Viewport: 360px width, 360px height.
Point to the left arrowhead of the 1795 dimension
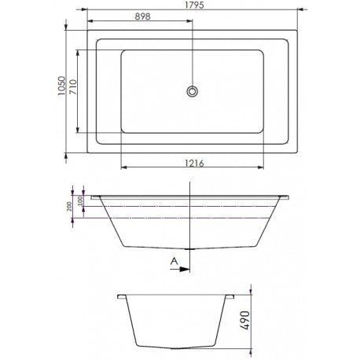click(x=88, y=12)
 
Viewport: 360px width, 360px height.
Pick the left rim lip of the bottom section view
click(x=120, y=296)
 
